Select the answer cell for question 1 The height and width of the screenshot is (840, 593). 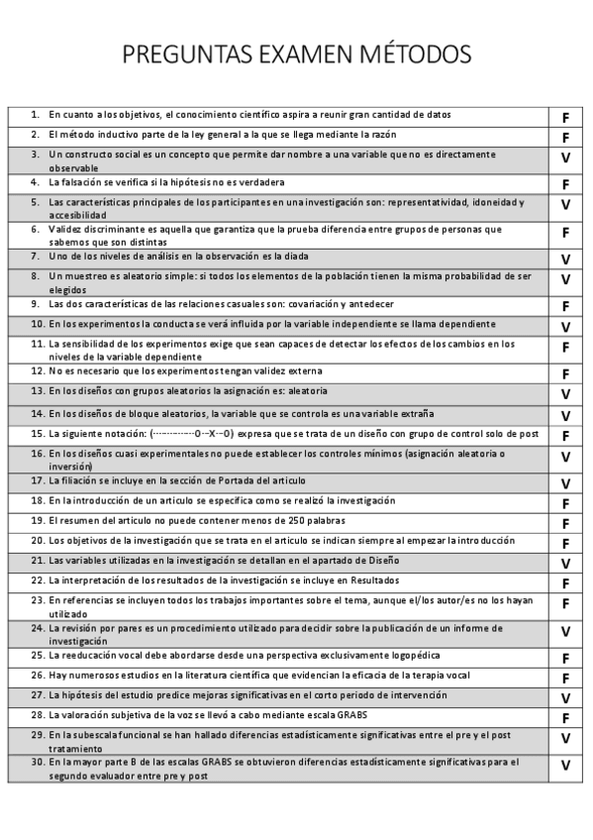pyautogui.click(x=565, y=118)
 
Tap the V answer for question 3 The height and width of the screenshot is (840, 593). pyautogui.click(x=565, y=158)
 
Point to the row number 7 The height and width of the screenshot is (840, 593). pyautogui.click(x=35, y=256)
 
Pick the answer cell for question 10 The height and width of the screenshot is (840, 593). pyautogui.click(x=565, y=327)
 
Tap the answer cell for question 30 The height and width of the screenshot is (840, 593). pyautogui.click(x=565, y=765)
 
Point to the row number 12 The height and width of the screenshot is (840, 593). pyautogui.click(x=36, y=370)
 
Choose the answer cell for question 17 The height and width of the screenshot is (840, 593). pyautogui.click(x=565, y=483)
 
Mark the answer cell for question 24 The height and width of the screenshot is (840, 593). pyautogui.click(x=565, y=631)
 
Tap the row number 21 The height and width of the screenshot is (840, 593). pyautogui.click(x=36, y=560)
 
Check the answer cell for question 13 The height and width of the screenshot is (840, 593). pyautogui.click(x=565, y=394)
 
